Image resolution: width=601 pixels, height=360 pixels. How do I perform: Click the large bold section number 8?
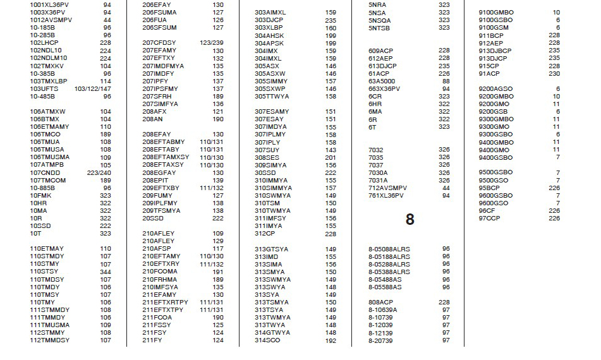(410, 219)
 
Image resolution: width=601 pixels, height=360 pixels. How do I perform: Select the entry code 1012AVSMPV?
(51, 20)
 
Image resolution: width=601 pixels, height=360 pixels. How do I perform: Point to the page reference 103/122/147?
(92, 89)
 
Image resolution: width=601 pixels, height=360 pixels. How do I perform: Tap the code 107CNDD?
(45, 172)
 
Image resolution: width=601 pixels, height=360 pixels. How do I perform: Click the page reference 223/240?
(99, 172)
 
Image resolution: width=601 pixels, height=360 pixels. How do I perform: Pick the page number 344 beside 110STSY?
(105, 272)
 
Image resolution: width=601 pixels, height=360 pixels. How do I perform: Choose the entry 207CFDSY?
(159, 43)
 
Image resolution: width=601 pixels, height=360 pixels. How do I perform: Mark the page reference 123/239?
(211, 43)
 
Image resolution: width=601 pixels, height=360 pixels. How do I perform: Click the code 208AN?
(153, 119)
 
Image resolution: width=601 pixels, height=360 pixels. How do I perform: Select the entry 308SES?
(267, 157)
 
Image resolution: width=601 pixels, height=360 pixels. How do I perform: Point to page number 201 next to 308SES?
(331, 157)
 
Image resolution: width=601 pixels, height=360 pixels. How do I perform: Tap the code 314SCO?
(267, 340)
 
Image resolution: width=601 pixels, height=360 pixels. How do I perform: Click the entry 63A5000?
(382, 81)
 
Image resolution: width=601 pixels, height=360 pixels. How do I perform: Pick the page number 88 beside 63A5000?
(446, 81)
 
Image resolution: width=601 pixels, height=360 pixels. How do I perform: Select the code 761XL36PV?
(387, 195)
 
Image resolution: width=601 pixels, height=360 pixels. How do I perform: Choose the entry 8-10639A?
(383, 309)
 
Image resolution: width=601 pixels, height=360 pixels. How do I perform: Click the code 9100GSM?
(494, 28)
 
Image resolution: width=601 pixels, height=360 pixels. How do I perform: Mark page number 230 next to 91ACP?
(554, 73)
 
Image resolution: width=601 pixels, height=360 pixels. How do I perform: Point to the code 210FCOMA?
(160, 272)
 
